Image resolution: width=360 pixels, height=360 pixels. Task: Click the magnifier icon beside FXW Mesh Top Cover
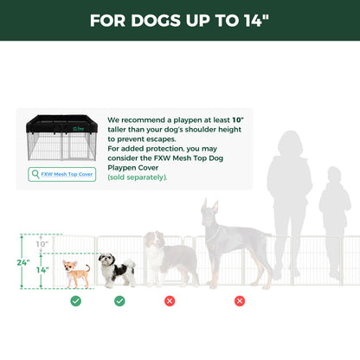point(35,174)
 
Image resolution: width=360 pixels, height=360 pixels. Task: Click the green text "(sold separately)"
point(138,177)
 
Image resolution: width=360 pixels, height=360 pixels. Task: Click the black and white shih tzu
point(116,269)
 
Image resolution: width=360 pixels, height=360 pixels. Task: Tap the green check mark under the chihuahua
point(76,300)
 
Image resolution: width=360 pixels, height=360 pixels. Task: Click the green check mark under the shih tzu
point(119,300)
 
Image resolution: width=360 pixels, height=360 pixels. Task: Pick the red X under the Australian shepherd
point(170,300)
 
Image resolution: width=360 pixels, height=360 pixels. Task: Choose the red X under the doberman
point(240,300)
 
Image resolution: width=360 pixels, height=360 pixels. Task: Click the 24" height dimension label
point(24,260)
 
